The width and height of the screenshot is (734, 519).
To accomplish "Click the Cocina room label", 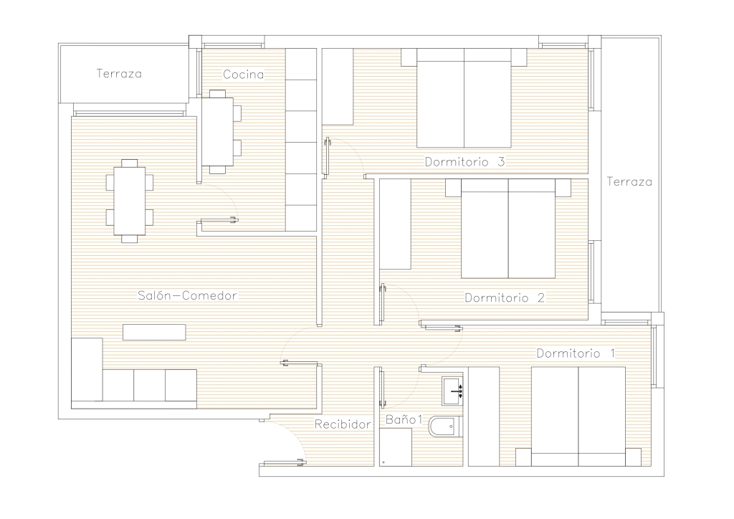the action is [243, 74].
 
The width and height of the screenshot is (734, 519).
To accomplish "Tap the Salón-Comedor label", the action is [187, 295].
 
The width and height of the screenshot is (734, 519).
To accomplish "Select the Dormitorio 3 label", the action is [464, 162].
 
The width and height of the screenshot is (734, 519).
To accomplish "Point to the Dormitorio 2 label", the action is [505, 297].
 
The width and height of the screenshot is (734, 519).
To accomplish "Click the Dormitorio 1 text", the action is [576, 353].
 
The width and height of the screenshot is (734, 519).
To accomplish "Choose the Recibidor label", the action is [343, 424].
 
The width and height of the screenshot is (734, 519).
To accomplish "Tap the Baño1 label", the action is [404, 420].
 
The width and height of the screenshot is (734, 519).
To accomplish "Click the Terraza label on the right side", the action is [629, 181].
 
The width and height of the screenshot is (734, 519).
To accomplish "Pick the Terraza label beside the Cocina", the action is [119, 73].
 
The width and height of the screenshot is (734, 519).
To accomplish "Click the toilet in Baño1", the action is [445, 427].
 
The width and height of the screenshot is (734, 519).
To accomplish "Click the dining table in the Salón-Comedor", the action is [130, 201].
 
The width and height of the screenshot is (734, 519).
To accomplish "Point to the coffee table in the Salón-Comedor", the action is [154, 333].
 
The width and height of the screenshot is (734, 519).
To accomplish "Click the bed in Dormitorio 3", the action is [464, 97].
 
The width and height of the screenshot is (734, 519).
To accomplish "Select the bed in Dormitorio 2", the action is [508, 229].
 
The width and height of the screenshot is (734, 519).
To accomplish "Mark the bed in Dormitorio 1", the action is [578, 416].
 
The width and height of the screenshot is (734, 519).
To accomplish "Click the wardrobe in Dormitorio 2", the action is [395, 224].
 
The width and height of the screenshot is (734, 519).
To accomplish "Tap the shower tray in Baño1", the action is [396, 447].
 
